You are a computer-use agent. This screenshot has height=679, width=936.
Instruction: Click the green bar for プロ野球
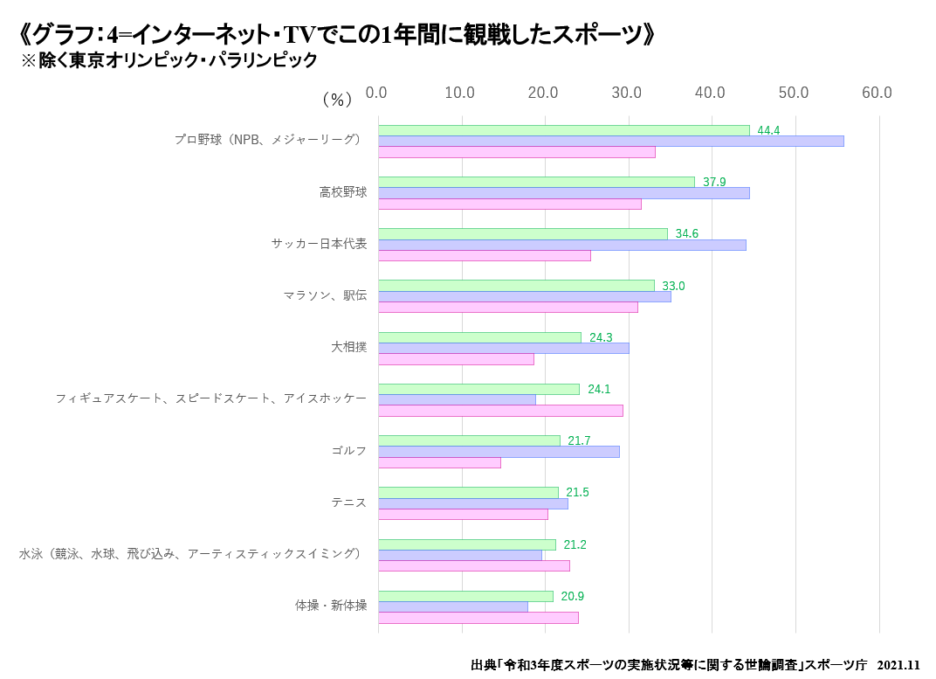pyautogui.click(x=563, y=130)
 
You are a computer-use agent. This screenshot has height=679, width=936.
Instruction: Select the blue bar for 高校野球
pyautogui.click(x=563, y=193)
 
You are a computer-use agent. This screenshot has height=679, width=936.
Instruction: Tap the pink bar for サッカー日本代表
pyautogui.click(x=484, y=255)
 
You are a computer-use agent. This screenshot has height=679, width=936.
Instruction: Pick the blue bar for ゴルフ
pyautogui.click(x=499, y=452)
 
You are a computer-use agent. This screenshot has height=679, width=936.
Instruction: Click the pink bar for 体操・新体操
pyautogui.click(x=478, y=618)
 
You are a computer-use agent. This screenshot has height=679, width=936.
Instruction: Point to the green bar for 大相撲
pyautogui.click(x=479, y=337)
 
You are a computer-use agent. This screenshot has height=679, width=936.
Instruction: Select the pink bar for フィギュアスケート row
pyautogui.click(x=500, y=411)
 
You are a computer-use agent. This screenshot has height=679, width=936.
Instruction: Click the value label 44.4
pyautogui.click(x=768, y=130)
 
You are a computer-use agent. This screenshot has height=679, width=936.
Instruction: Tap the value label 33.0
pyautogui.click(x=673, y=286)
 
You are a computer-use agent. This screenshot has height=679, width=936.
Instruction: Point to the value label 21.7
pyautogui.click(x=579, y=440)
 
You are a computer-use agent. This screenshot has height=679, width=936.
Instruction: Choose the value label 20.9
pyautogui.click(x=572, y=596)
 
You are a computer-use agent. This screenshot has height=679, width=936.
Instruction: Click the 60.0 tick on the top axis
pyautogui.click(x=877, y=93)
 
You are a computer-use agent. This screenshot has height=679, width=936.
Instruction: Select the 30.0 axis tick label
pyautogui.click(x=626, y=93)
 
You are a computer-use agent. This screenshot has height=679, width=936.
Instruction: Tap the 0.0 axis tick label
pyautogui.click(x=376, y=93)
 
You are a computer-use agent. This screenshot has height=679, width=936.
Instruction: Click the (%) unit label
pyautogui.click(x=337, y=100)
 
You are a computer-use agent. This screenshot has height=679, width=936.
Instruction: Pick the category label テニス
pyautogui.click(x=348, y=502)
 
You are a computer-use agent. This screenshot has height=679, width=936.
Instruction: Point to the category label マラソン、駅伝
pyautogui.click(x=325, y=295)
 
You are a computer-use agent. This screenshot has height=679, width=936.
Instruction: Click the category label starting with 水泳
pyautogui.click(x=190, y=553)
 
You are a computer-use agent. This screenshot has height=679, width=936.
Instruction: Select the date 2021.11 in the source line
pyautogui.click(x=898, y=665)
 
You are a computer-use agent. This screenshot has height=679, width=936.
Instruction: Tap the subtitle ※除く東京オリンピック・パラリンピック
pyautogui.click(x=169, y=61)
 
